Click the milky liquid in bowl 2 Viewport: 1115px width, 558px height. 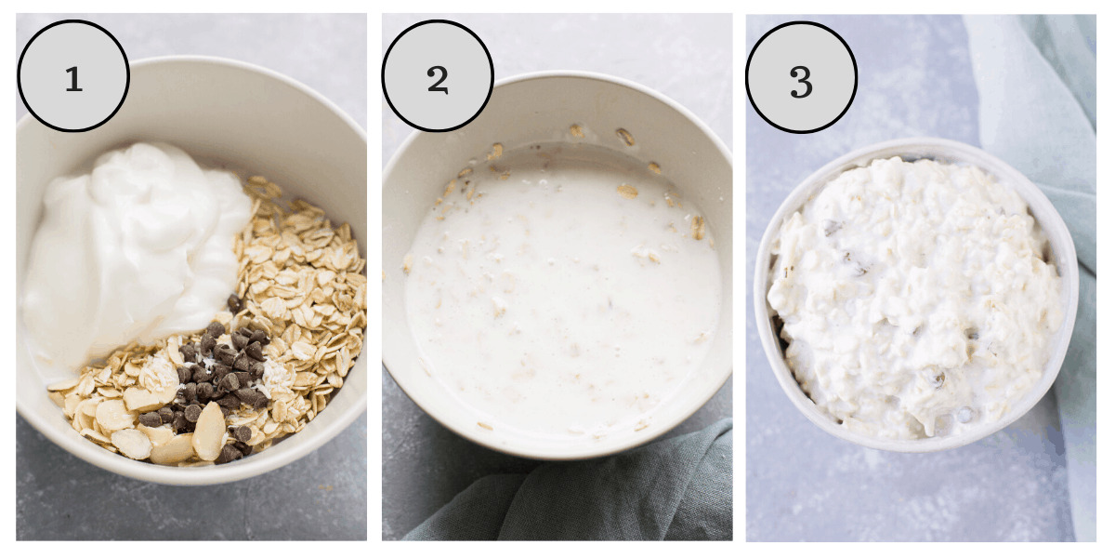coord(557,298)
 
